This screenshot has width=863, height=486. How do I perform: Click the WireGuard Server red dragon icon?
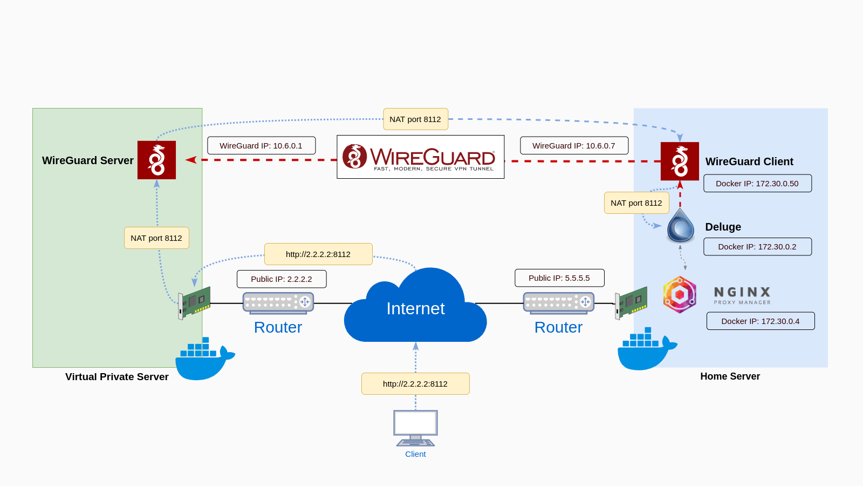tap(156, 160)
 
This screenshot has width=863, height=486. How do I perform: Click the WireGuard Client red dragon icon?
tap(680, 161)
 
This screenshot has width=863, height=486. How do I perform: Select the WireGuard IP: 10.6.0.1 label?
tap(261, 146)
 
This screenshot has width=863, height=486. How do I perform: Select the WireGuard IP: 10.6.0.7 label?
tap(574, 146)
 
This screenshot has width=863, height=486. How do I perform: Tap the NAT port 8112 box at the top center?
tap(415, 119)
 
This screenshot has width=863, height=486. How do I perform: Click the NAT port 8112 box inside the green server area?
tap(156, 238)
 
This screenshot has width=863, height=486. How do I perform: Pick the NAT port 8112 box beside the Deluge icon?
tap(636, 203)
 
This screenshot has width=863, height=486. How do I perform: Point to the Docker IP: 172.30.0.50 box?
tap(757, 184)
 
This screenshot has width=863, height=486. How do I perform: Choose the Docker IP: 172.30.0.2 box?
tap(757, 247)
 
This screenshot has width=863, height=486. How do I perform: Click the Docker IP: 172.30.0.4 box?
tap(761, 321)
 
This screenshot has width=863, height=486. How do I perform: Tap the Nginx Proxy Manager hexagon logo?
tap(680, 295)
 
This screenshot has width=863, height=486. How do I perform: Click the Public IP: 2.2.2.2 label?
tap(282, 279)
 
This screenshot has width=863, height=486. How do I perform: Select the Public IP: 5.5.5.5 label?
tap(559, 278)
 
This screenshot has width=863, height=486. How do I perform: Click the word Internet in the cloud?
tap(415, 308)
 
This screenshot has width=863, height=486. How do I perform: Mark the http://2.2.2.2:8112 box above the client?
tap(415, 384)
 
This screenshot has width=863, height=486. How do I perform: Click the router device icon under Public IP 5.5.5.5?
tap(558, 303)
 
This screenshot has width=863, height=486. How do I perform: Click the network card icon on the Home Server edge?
tap(631, 303)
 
